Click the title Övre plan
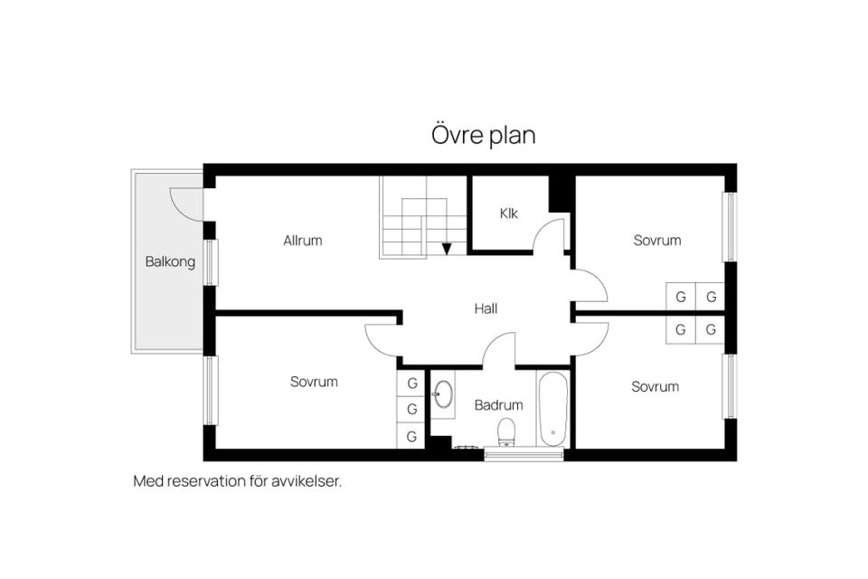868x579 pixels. point(483,135)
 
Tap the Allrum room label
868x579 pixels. point(302,241)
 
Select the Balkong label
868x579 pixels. point(170,261)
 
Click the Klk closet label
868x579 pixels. point(508,214)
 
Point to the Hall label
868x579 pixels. point(486,308)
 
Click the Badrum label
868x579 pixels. point(498,405)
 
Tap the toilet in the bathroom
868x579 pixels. point(506,432)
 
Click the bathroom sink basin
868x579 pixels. point(443,394)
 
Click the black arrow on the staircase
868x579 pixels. point(446,250)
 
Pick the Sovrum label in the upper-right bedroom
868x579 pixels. point(657,241)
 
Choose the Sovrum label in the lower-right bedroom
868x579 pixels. point(655,386)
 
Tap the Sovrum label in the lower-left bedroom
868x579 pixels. point(314,382)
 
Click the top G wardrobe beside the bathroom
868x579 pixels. point(411,383)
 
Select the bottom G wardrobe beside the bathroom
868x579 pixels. point(411,436)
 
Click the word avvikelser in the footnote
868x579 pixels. point(307,481)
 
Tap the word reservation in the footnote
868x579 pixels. point(206,481)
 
